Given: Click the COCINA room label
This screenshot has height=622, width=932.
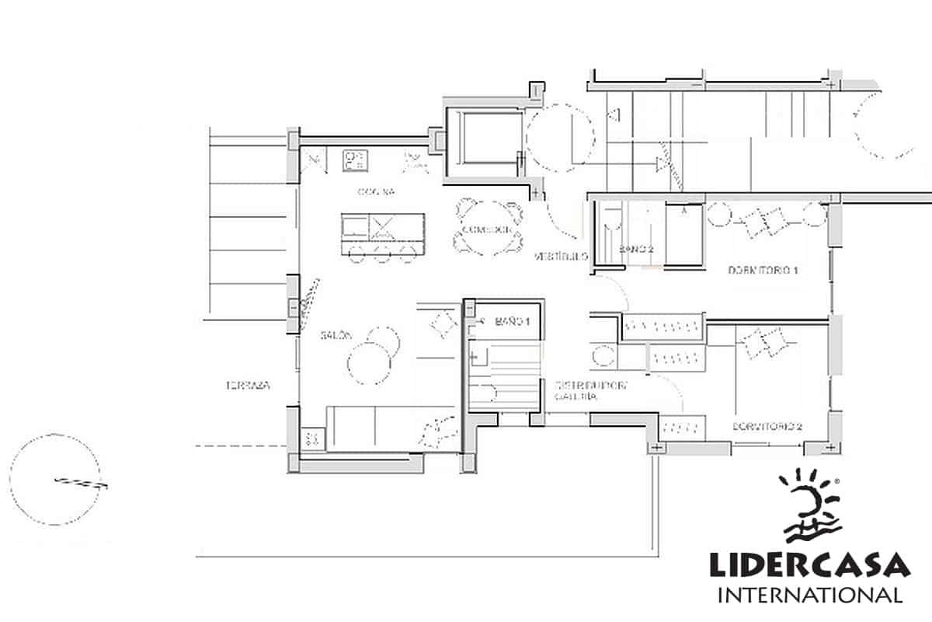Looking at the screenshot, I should point(377,192).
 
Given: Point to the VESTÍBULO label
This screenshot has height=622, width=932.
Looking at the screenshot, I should point(559,256).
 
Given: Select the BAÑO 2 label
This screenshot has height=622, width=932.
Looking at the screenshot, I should point(637,249).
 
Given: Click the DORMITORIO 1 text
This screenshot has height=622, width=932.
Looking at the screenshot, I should point(764,271).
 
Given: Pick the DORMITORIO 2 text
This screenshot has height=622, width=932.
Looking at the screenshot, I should point(767,427).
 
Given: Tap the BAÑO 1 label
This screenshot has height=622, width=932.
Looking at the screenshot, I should point(513,321).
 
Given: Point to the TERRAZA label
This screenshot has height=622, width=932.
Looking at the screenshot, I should point(249,385).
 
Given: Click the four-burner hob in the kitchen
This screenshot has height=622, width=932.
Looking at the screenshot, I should point(355,160).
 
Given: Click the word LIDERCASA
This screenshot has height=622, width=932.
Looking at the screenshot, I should point(809,565).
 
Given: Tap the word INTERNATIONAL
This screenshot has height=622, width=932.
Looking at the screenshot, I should point(809,596).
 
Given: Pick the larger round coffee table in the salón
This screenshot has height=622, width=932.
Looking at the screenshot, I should point(370,363).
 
